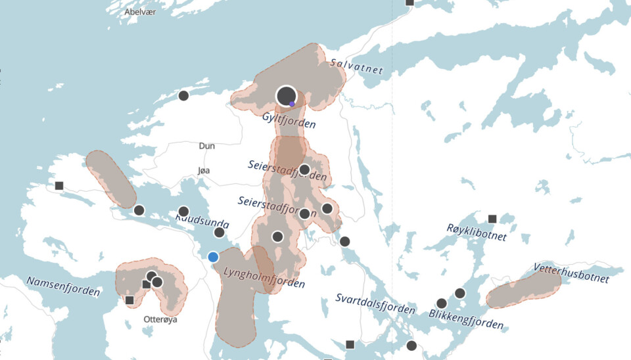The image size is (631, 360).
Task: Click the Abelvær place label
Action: point(140,12)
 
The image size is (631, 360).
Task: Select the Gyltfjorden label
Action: point(289,120)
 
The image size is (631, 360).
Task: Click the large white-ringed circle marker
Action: point(286,97)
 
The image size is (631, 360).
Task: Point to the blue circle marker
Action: point(213,257)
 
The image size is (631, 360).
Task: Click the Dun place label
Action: point(207,146)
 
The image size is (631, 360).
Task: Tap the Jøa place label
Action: point(204,170)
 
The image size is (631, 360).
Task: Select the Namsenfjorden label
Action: point(63,286)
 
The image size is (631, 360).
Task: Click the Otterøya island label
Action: point(160,319)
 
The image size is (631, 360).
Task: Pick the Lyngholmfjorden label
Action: point(264,277)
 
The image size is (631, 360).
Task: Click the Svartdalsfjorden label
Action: point(375,304)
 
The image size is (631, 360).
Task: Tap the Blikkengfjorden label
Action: point(466,318)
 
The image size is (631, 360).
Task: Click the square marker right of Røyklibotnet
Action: point(492,219)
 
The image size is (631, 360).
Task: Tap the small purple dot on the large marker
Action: point(292,104)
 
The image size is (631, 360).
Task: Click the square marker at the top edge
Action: point(409,3)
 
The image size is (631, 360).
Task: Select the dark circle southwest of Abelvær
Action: point(183,95)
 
